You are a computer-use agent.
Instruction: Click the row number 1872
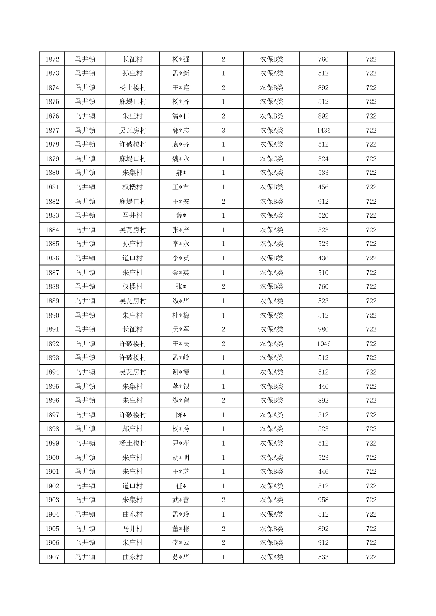point(52,59)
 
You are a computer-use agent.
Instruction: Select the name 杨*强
point(181,59)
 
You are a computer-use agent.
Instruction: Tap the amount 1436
point(324,130)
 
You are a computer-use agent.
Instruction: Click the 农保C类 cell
point(271,159)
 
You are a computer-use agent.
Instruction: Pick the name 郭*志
point(181,130)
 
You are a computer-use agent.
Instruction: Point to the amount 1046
point(324,344)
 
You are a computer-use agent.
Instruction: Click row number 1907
point(52,557)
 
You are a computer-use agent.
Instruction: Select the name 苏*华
point(181,557)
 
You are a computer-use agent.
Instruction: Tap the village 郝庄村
point(133,429)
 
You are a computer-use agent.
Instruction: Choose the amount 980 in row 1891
point(324,329)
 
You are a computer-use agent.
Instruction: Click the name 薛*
point(181,215)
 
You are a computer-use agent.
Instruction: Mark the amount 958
point(324,500)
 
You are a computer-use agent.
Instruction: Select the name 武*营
point(181,500)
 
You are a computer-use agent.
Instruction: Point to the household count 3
point(223,130)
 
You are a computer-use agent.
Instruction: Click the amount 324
point(324,159)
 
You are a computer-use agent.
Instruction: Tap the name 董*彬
point(181,529)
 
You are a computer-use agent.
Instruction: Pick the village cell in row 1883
point(133,215)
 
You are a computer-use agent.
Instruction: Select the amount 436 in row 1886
point(324,258)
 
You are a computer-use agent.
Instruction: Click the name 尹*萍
point(181,443)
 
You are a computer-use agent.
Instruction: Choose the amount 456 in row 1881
point(324,187)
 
